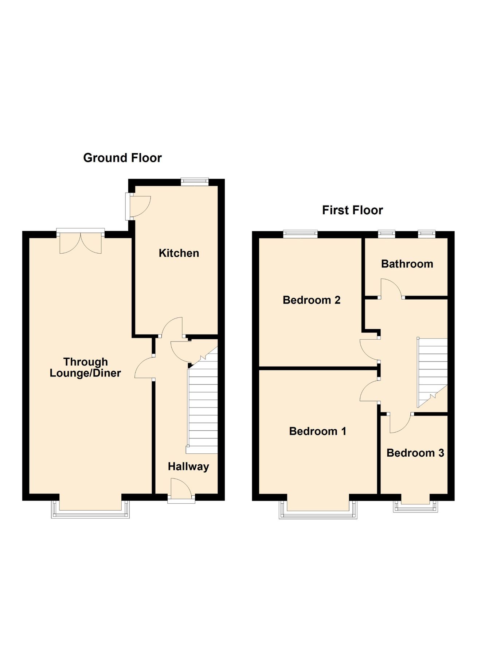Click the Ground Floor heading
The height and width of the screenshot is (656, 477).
coord(122,158)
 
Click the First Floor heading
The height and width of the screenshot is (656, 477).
coord(352,210)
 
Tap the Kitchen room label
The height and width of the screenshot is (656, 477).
coord(179,253)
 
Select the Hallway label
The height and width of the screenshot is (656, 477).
coord(188,466)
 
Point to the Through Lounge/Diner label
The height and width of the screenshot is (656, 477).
coord(85,367)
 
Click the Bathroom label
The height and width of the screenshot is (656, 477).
coord(407,264)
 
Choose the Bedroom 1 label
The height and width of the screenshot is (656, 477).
coord(317,431)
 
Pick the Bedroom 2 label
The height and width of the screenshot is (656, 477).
coord(312,300)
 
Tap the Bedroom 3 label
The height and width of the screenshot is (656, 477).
coord(415,453)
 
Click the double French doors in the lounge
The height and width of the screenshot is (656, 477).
coord(81,241)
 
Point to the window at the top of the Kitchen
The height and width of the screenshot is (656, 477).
coord(195,181)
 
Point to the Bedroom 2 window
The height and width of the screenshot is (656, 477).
coord(301,233)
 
